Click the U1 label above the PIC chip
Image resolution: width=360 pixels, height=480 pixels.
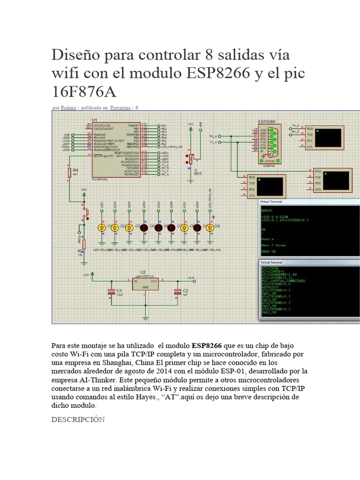pyautogui.click(x=94, y=120)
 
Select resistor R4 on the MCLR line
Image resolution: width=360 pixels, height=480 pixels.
pyautogui.click(x=70, y=173)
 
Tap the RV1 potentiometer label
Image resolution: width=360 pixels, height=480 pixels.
pyautogui.click(x=197, y=173)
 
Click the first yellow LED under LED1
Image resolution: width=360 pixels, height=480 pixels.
pyautogui.click(x=101, y=227)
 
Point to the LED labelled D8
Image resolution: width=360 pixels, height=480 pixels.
pyautogui.click(x=210, y=227)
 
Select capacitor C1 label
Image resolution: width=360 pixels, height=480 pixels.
pyautogui.click(x=120, y=291)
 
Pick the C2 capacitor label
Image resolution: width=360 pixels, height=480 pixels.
pyautogui.click(x=185, y=291)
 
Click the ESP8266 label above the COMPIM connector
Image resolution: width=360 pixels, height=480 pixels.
pyautogui.click(x=267, y=121)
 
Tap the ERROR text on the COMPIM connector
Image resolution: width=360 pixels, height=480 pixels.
pyautogui.click(x=269, y=161)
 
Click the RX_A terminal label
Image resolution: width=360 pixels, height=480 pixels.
pyautogui.click(x=213, y=136)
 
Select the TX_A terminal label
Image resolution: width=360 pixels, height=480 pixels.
pyautogui.click(x=213, y=142)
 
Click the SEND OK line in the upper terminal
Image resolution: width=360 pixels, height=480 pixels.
pyautogui.click(x=269, y=252)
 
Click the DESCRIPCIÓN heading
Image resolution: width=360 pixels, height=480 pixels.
pyautogui.click(x=78, y=419)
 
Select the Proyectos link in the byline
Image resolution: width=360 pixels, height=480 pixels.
pyautogui.click(x=120, y=108)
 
